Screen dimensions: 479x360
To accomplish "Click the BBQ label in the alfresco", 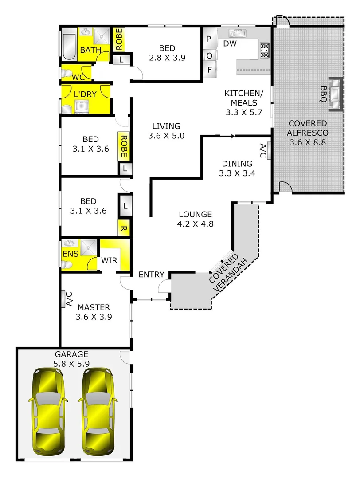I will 323,94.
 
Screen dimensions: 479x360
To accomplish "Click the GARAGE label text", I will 71,354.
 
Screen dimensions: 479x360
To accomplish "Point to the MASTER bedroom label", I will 94,307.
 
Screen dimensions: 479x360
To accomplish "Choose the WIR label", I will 109,260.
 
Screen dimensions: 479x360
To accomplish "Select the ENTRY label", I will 152,275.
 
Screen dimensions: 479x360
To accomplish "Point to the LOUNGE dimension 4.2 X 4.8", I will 195,224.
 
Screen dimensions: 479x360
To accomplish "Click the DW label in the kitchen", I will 229,43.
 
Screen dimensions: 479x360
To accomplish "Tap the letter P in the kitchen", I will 208,39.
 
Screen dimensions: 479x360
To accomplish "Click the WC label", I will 78,77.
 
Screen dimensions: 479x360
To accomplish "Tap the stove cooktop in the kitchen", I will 264,50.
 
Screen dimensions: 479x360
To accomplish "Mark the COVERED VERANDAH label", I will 225,273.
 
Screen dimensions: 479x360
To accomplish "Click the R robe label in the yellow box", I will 124,229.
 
